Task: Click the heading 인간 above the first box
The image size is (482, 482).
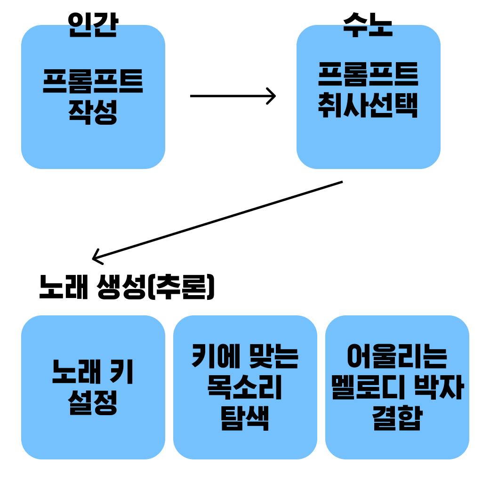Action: (92, 24)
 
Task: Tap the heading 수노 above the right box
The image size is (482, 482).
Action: (368, 24)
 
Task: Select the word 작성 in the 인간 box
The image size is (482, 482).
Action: (93, 112)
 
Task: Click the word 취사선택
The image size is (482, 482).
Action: (368, 105)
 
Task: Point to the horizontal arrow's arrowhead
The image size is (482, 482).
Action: (272, 96)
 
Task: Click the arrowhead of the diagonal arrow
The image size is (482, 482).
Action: (96, 257)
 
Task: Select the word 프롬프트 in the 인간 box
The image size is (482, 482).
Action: (93, 81)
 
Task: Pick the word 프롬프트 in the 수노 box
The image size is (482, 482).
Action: (368, 75)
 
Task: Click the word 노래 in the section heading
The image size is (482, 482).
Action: (64, 287)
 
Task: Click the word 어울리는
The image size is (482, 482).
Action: (397, 357)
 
